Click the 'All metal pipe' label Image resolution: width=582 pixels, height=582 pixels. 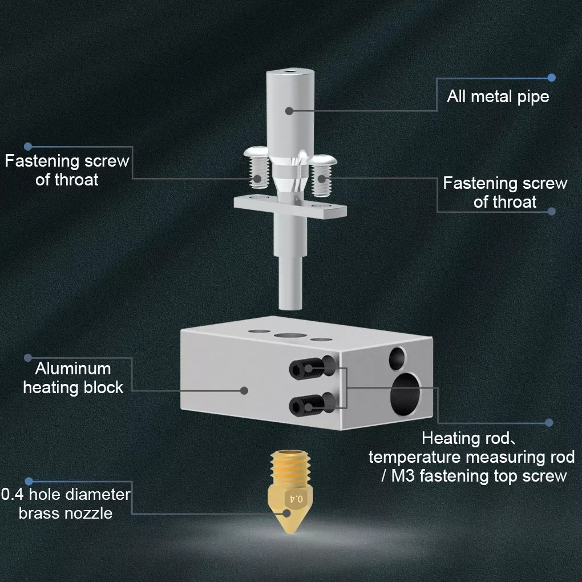coord(498,96)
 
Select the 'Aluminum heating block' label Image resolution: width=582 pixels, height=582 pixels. coord(72,378)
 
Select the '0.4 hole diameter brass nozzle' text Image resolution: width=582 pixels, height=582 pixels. coord(66,503)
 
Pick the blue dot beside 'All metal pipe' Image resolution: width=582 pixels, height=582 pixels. coord(551,77)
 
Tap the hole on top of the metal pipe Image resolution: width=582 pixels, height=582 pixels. coord(291,72)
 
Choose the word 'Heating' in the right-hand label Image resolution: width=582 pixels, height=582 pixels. coord(443,438)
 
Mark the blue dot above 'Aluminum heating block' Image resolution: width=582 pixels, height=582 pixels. coord(27,358)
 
